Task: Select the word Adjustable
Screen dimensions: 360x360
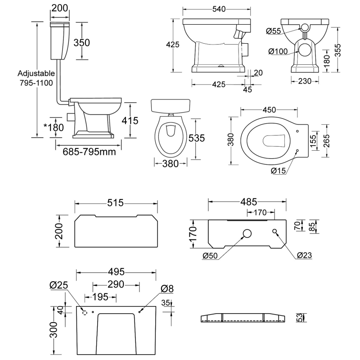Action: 36,73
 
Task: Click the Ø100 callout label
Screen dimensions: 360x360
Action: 278,52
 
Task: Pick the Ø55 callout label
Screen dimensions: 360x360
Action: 274,31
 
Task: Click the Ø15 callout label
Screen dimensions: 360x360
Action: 279,170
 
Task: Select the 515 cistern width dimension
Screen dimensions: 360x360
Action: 116,203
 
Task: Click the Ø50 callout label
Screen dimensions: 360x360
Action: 211,256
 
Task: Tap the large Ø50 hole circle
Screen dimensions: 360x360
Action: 247,233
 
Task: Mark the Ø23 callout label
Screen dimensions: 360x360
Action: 305,256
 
